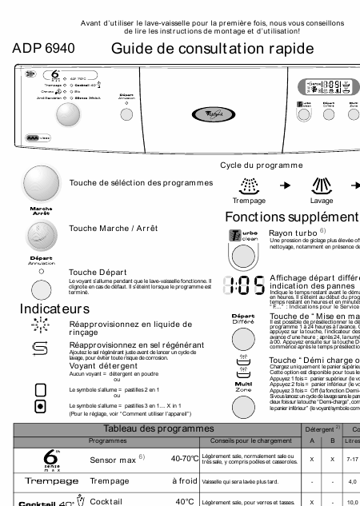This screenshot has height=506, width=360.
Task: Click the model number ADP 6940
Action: click(x=44, y=49)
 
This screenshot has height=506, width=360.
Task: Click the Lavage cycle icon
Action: click(x=322, y=185)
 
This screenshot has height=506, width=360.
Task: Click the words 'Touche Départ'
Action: click(x=94, y=272)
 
